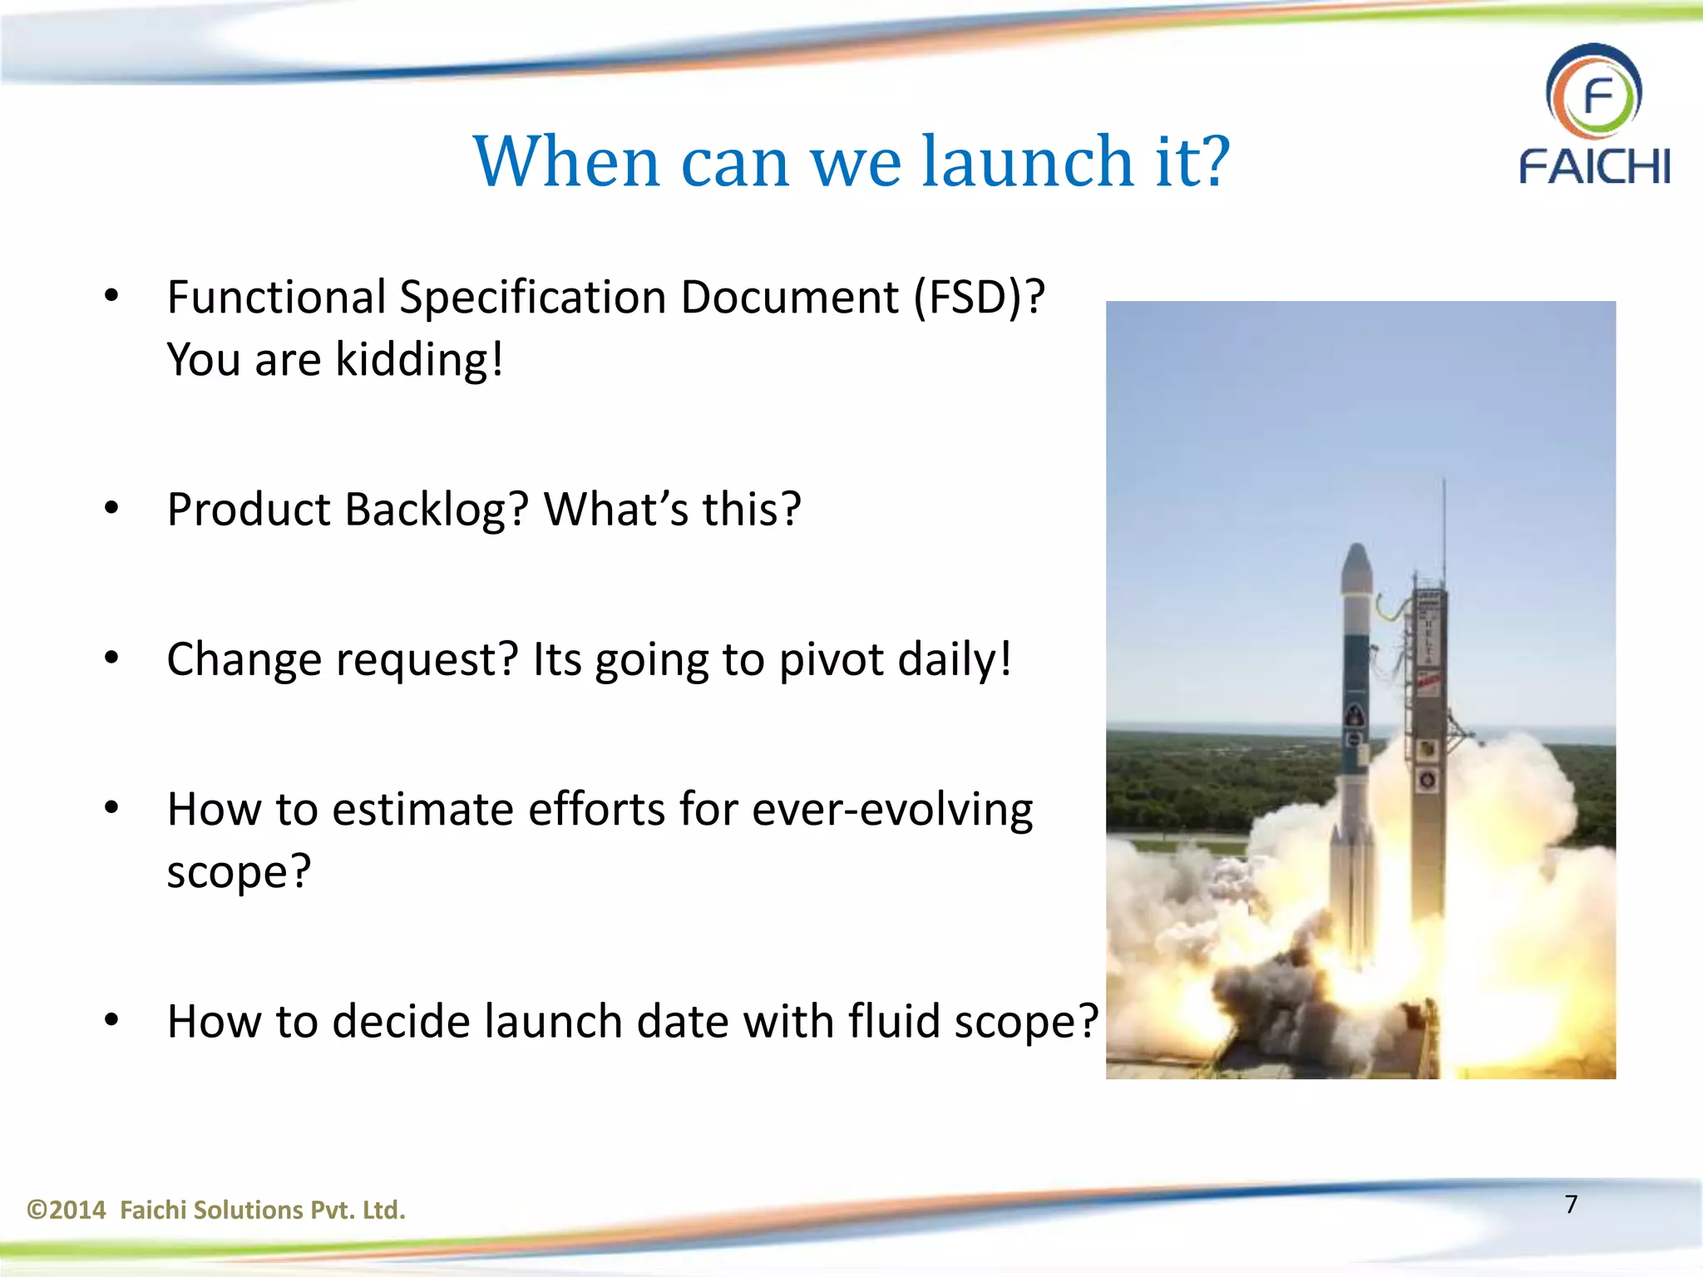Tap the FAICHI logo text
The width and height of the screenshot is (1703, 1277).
pyautogui.click(x=1594, y=166)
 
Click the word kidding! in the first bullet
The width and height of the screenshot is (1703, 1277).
pyautogui.click(x=419, y=360)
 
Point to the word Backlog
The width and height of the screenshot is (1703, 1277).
pyautogui.click(x=436, y=509)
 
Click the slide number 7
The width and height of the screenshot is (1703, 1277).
pyautogui.click(x=1571, y=1204)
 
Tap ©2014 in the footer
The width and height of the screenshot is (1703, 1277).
pyautogui.click(x=67, y=1210)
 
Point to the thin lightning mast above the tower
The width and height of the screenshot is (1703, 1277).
pyautogui.click(x=1444, y=524)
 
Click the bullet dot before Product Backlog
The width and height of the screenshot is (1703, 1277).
pyautogui.click(x=111, y=508)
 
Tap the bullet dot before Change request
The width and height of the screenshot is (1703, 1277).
pyautogui.click(x=111, y=658)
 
